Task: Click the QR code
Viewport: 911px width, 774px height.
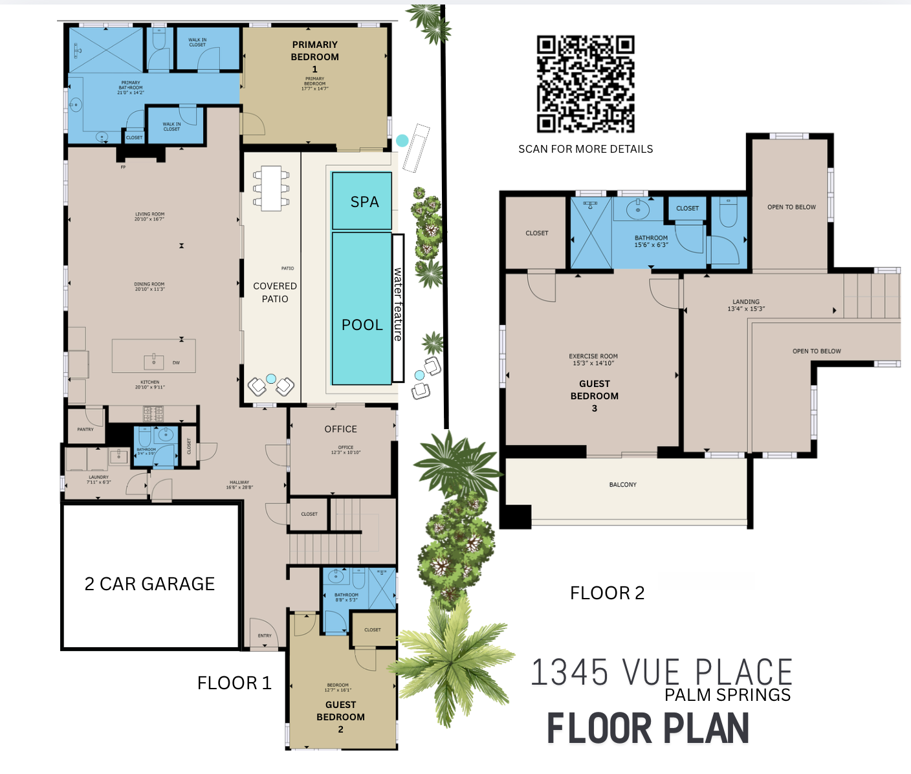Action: (x=586, y=84)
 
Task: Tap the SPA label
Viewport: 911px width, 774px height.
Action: (x=364, y=202)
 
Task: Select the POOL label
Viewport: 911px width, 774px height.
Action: (x=362, y=325)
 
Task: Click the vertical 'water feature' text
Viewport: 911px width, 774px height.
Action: (x=398, y=304)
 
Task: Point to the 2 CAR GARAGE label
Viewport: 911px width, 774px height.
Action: (x=149, y=584)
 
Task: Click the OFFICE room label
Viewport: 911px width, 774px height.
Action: (x=341, y=429)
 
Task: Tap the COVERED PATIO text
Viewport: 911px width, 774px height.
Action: (x=275, y=293)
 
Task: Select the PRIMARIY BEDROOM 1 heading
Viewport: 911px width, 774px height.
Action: (x=315, y=56)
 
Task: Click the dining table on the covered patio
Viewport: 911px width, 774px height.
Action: (x=271, y=188)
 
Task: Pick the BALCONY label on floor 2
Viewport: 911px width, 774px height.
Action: (x=623, y=485)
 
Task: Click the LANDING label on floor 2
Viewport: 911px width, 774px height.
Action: (x=746, y=302)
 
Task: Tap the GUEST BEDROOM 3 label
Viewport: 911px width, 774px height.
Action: (x=595, y=395)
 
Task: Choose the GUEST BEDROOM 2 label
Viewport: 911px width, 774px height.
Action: (x=341, y=716)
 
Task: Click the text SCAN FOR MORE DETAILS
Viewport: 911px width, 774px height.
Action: (x=586, y=149)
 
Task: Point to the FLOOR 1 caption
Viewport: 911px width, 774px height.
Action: (x=234, y=683)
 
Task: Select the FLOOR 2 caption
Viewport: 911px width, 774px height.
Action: (x=607, y=593)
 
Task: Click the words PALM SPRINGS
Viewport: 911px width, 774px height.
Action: (x=727, y=695)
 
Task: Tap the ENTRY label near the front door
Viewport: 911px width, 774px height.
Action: (x=265, y=636)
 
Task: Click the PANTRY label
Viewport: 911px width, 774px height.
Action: (x=85, y=429)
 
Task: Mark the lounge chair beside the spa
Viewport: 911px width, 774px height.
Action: (x=416, y=148)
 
